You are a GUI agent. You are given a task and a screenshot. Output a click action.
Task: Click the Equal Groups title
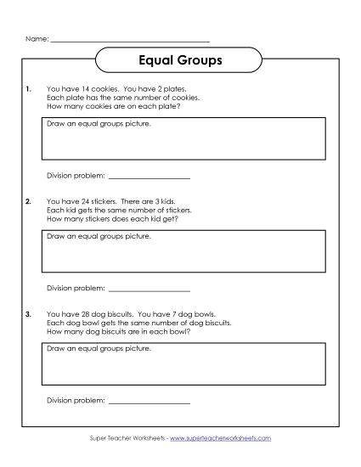(x=180, y=61)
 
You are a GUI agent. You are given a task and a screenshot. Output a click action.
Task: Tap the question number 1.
(x=29, y=88)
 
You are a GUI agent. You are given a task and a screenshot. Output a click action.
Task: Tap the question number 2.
(x=29, y=201)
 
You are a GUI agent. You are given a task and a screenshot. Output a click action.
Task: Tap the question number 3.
(x=29, y=314)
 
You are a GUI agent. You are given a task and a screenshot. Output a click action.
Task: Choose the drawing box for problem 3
(x=183, y=363)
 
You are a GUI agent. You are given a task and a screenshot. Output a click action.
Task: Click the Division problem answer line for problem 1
(x=149, y=177)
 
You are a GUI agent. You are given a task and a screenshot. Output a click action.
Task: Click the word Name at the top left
(x=35, y=39)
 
